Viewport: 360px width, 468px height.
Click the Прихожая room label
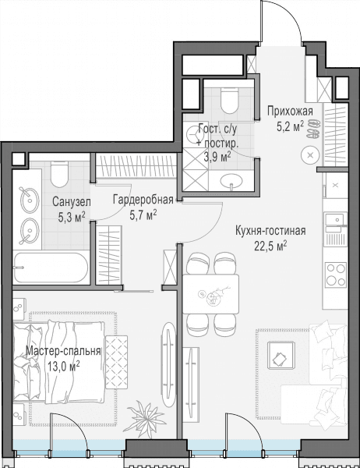290,112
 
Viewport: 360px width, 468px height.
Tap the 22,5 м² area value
270,246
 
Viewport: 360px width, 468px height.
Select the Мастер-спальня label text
63,351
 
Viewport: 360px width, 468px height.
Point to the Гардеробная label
143,200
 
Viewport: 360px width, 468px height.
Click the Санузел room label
72,202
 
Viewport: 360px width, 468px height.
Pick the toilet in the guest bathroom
230,101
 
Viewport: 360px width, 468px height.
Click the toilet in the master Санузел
59,174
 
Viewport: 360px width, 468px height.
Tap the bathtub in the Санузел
51,268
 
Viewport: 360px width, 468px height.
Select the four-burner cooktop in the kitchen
336,275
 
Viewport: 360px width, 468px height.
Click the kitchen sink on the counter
336,220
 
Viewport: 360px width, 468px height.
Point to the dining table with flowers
210,294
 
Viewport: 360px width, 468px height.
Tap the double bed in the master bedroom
59,363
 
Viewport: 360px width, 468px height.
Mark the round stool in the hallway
310,155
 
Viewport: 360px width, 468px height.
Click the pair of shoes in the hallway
314,129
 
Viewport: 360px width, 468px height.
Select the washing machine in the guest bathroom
195,135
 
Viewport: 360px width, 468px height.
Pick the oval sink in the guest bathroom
231,180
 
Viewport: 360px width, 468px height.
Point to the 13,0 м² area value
63,366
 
